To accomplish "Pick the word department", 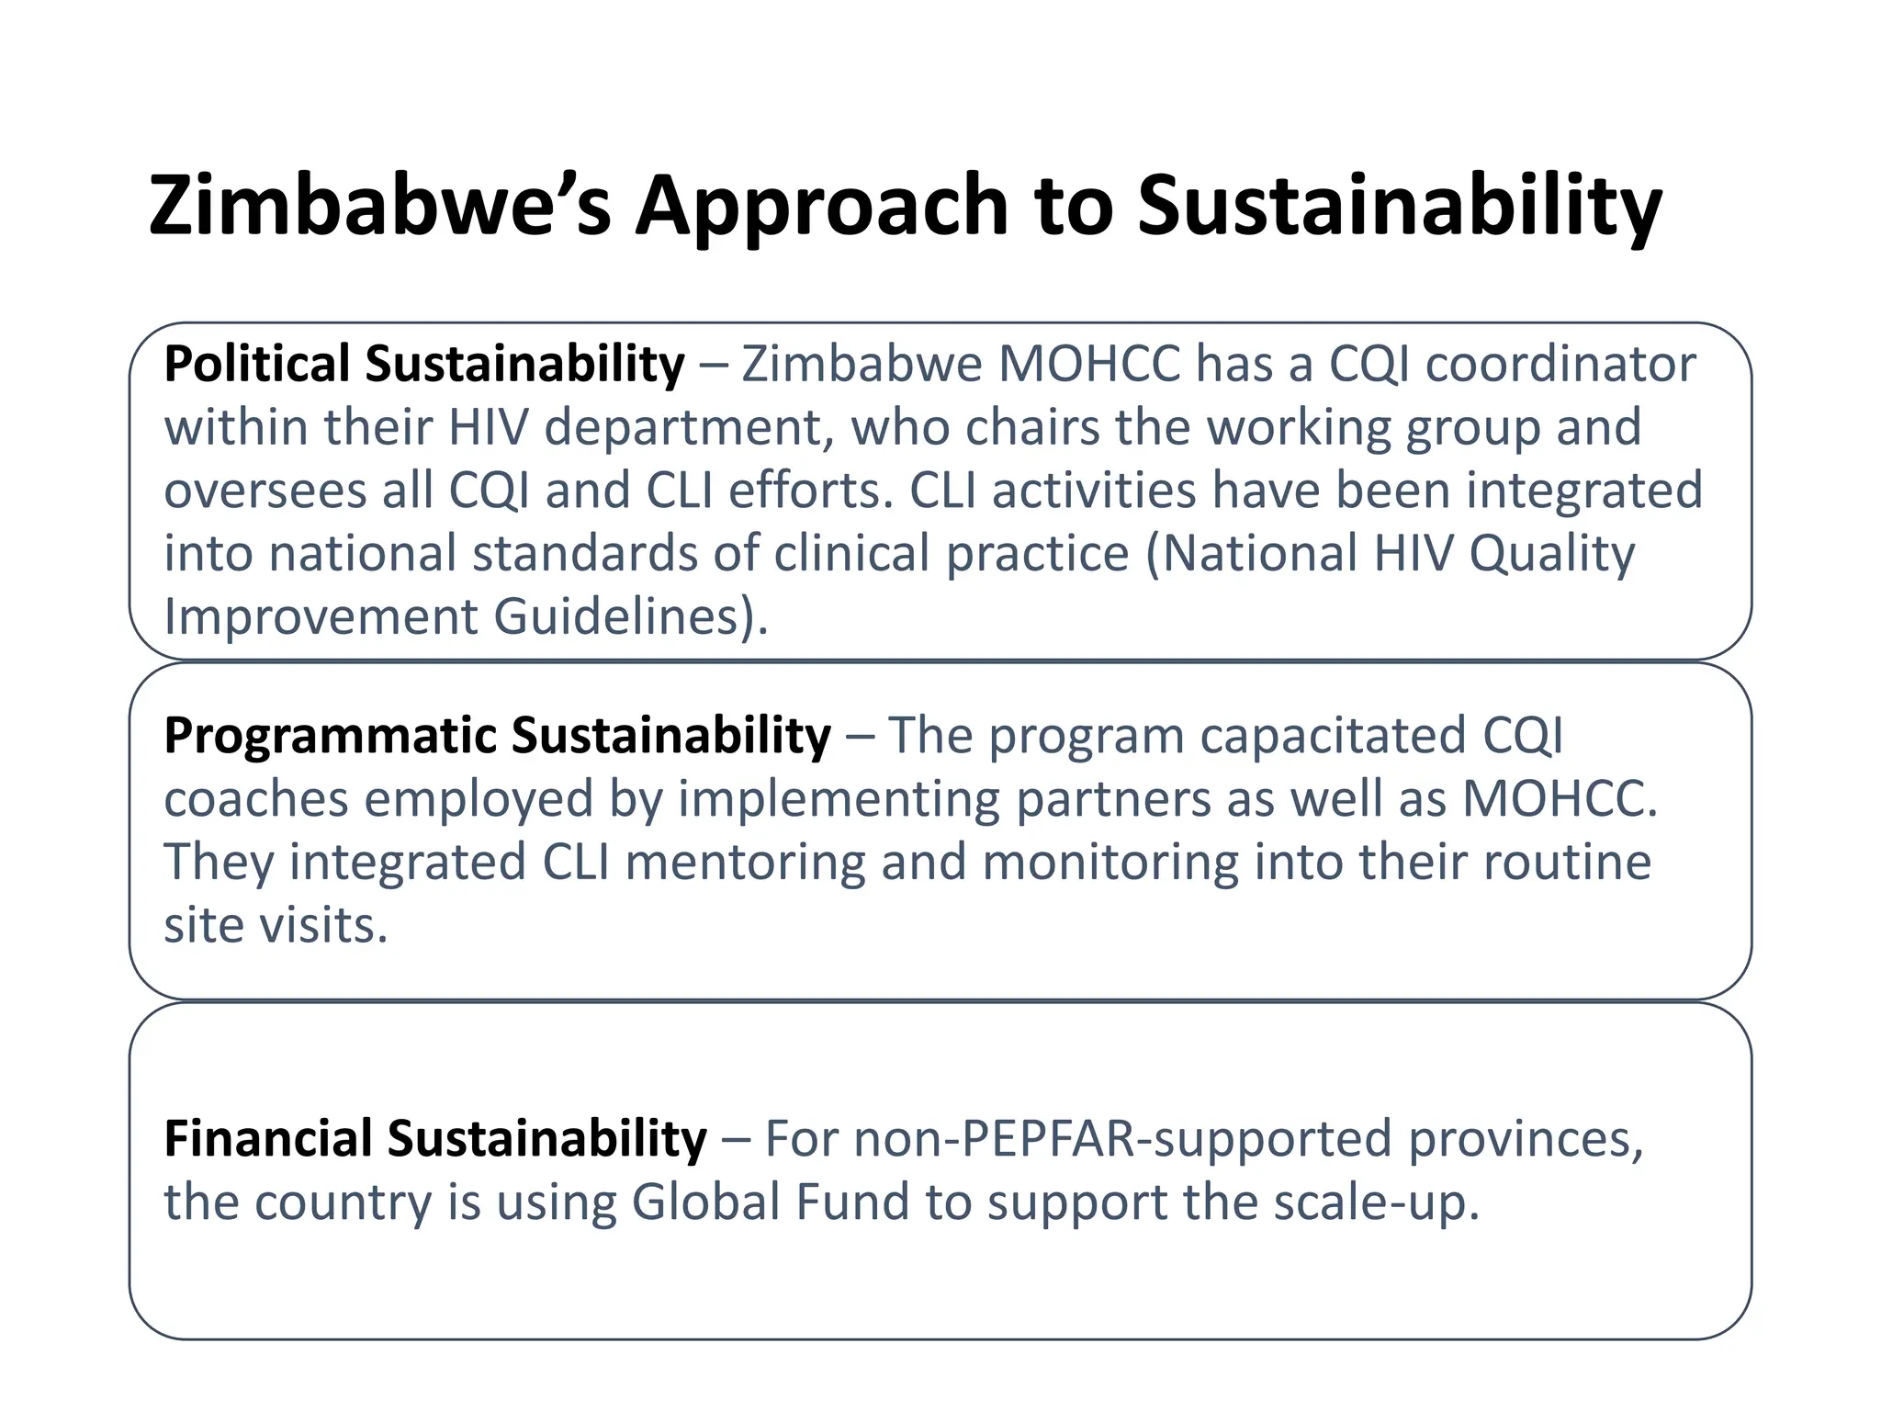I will pos(689,428).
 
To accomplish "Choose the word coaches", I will pos(255,799).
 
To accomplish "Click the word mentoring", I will pos(745,863).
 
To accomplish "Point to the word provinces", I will pos(1526,1139).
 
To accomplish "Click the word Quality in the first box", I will pos(1551,554).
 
